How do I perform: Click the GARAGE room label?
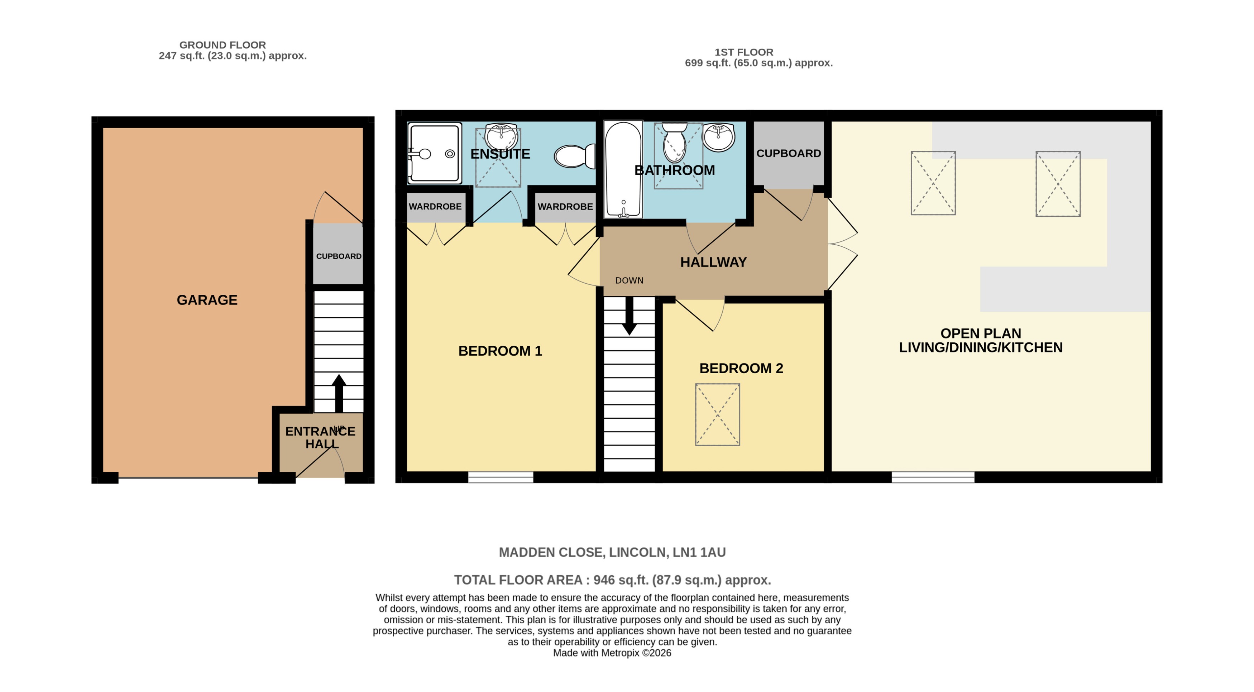[207, 300]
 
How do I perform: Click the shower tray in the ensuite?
[434, 153]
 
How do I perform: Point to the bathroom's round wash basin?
[718, 137]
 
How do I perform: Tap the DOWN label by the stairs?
[629, 280]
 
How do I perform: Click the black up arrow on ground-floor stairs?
[339, 392]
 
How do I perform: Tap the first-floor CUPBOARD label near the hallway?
[788, 153]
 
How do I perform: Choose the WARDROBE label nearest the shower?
[435, 206]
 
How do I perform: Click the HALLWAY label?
[713, 262]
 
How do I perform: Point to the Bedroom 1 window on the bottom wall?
[501, 477]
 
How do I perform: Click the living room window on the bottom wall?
[933, 477]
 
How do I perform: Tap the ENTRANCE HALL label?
[320, 437]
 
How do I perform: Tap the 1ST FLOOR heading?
[743, 52]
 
